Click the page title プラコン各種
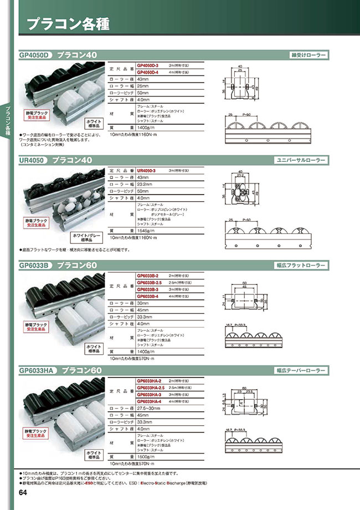coord(68,25)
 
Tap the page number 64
coord(23,493)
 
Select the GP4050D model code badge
coord(34,55)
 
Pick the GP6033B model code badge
coord(34,266)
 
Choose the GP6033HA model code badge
coord(37,370)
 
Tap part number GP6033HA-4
coord(148,401)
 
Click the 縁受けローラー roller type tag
coord(308,55)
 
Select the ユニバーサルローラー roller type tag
coord(301,160)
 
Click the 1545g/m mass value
coord(145,230)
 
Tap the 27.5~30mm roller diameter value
coord(150,408)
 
